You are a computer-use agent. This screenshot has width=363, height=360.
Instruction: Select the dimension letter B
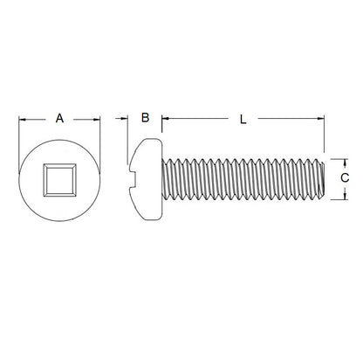coord(146,117)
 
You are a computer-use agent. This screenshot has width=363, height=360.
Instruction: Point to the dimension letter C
coord(345,178)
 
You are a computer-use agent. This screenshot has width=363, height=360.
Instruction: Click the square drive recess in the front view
coord(59,183)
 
